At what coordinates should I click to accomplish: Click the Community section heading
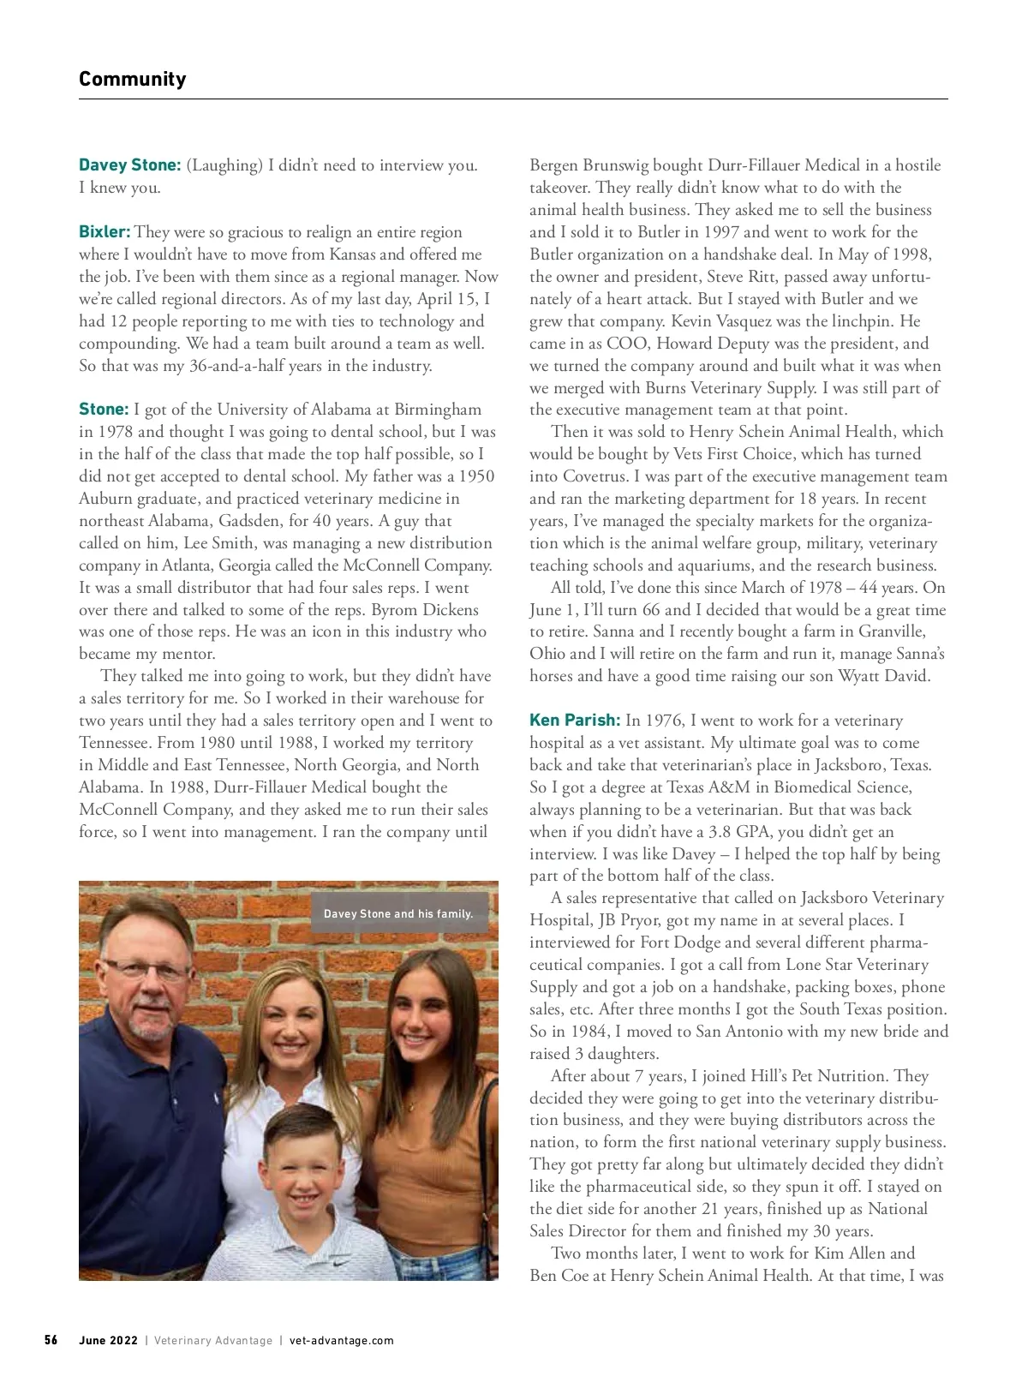132,79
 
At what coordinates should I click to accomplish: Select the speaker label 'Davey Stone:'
129,165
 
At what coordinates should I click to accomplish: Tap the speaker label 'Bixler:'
105,232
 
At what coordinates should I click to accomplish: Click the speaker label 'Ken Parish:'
575,721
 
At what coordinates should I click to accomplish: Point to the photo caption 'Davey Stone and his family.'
398,914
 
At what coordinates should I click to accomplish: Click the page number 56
51,1340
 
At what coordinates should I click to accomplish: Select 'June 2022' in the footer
108,1340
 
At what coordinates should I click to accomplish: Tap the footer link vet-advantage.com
342,1340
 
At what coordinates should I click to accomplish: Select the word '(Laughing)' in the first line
224,165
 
